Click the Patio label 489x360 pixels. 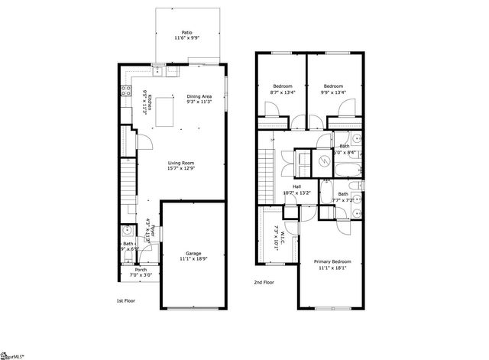[187, 33]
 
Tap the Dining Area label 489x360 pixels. [199, 96]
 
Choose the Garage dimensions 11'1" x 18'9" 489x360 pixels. [193, 259]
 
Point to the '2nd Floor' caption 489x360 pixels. [264, 282]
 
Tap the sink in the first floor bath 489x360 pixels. [126, 230]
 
